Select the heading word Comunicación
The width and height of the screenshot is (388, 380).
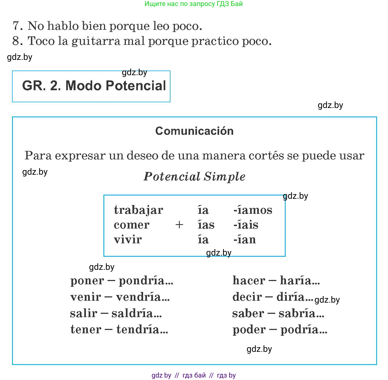tap(194, 131)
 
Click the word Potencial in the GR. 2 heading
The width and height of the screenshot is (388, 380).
tap(136, 86)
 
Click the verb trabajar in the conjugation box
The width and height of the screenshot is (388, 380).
tap(138, 210)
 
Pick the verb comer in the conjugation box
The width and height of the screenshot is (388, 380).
tap(132, 225)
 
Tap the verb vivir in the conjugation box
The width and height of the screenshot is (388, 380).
tap(128, 240)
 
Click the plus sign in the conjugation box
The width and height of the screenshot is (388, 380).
tap(179, 225)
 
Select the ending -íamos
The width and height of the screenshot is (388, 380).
tap(253, 210)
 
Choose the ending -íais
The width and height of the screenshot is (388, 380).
tap(246, 225)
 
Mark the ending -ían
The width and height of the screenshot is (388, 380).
tap(245, 240)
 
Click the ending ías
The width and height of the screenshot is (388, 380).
tap(206, 225)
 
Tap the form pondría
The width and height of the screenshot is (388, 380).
tap(146, 281)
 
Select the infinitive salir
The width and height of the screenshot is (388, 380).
tap(83, 313)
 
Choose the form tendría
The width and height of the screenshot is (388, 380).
tap(142, 329)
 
